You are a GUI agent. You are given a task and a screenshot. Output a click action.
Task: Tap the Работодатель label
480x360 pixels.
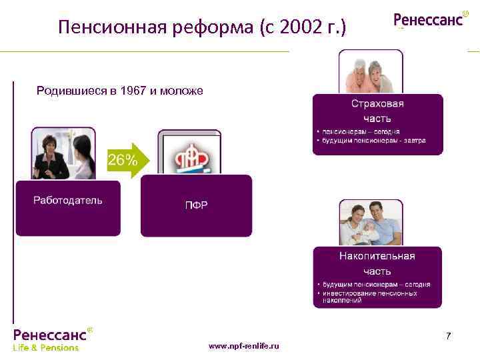[68, 201]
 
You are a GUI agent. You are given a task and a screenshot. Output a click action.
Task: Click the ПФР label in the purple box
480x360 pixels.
[196, 205]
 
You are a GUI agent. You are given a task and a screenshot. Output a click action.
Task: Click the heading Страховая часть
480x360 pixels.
[377, 110]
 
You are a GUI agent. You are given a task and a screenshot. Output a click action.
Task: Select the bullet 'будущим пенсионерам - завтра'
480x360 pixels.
[373, 141]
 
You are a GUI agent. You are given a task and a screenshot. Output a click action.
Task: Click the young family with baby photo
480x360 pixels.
[371, 224]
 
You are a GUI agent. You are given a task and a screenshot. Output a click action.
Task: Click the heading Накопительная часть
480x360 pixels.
[377, 263]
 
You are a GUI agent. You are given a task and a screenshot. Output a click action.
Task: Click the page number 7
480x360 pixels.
[448, 335]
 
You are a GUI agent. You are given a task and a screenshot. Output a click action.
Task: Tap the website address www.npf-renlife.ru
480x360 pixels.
[244, 346]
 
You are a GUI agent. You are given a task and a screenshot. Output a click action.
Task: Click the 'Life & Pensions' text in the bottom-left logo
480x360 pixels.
[46, 347]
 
